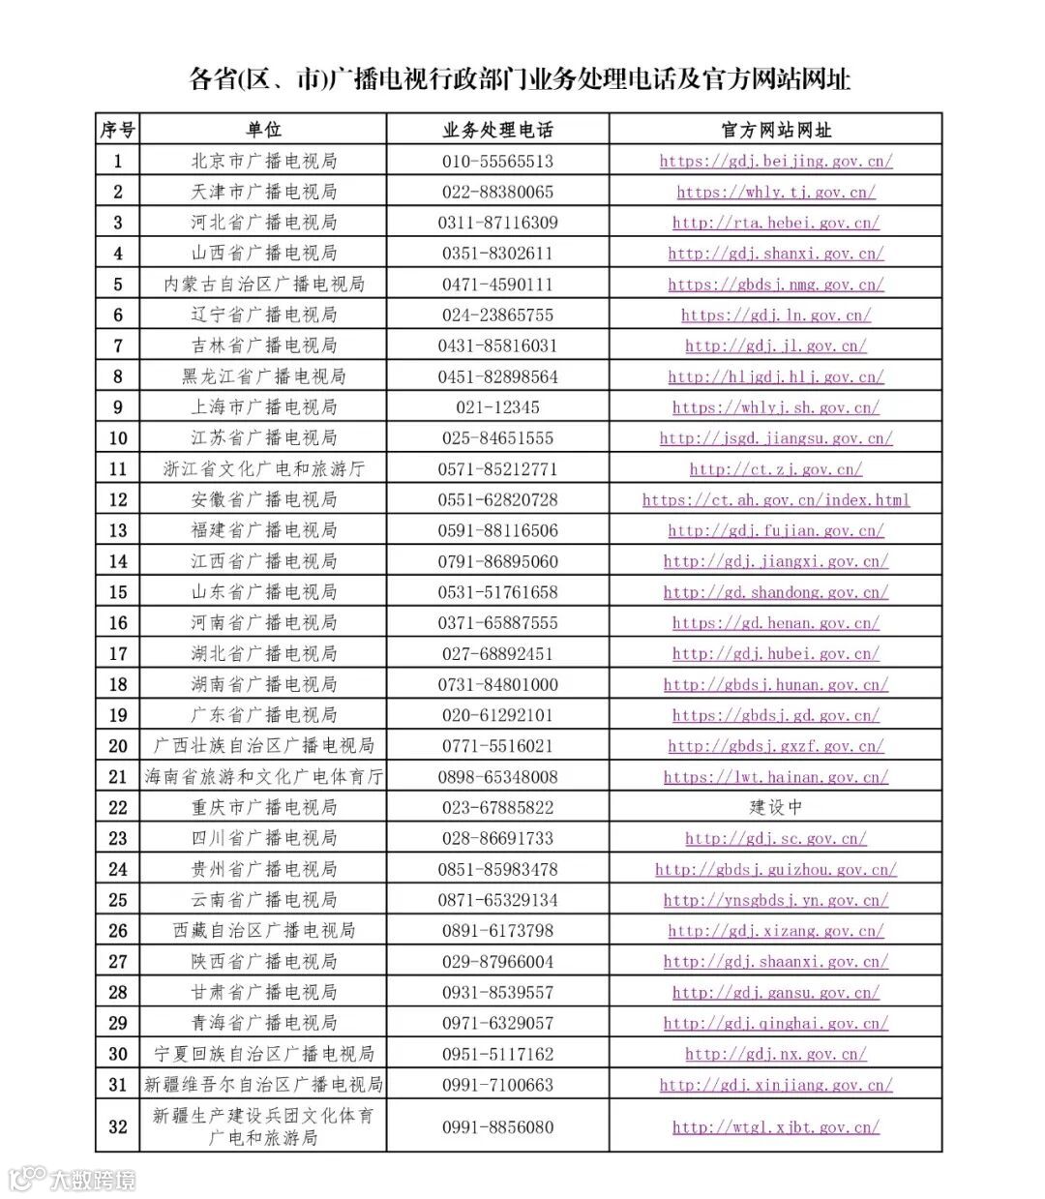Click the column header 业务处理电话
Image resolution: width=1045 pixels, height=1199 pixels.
tap(497, 130)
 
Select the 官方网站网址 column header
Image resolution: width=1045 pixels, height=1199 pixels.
tap(776, 130)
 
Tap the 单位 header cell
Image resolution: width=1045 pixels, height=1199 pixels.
tap(263, 130)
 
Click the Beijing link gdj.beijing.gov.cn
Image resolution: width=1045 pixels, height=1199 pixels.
tap(776, 161)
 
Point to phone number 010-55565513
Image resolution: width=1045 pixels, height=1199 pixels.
tap(497, 161)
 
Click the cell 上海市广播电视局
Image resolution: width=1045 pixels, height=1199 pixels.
tap(263, 407)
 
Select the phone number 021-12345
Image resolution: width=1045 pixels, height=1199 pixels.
tap(497, 407)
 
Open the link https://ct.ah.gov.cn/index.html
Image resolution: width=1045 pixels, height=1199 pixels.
tap(776, 500)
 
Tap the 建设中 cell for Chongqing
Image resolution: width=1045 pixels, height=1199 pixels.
tap(776, 807)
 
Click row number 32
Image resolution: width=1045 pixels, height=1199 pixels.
tap(118, 1126)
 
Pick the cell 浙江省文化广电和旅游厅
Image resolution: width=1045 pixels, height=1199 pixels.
tap(263, 469)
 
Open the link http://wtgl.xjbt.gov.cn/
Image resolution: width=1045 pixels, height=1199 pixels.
tap(776, 1127)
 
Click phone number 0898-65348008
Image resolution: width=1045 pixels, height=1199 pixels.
tap(497, 777)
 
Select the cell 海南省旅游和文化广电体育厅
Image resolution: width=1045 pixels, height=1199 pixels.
tap(263, 777)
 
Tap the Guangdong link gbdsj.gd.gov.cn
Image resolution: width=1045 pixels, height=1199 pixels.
tap(776, 715)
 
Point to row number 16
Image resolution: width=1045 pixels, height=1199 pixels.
tap(118, 623)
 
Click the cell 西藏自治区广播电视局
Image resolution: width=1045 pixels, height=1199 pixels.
tap(263, 931)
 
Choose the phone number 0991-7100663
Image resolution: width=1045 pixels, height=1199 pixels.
tap(497, 1085)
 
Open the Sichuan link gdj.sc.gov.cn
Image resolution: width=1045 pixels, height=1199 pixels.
tap(776, 838)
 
